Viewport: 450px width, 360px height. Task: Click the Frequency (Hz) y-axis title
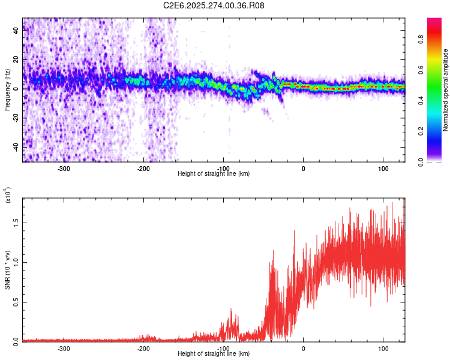pyautogui.click(x=7, y=90)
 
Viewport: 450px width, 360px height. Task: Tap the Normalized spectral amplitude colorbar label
pyautogui.click(x=445, y=90)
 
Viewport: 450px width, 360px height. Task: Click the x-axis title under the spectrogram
pyautogui.click(x=214, y=173)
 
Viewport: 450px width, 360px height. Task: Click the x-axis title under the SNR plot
pyautogui.click(x=214, y=353)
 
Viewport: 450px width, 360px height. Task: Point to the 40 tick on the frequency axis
pyautogui.click(x=16, y=31)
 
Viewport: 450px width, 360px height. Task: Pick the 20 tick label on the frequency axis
pyautogui.click(x=16, y=60)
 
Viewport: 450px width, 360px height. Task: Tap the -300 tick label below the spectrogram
pyautogui.click(x=64, y=168)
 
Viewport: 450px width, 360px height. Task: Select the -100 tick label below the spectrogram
pyautogui.click(x=223, y=168)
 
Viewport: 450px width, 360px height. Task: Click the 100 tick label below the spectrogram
pyautogui.click(x=383, y=168)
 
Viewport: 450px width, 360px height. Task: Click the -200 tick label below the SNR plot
pyautogui.click(x=143, y=348)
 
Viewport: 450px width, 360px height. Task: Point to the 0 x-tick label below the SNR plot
pyautogui.click(x=303, y=348)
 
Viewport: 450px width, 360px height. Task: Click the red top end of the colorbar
pyautogui.click(x=434, y=21)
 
